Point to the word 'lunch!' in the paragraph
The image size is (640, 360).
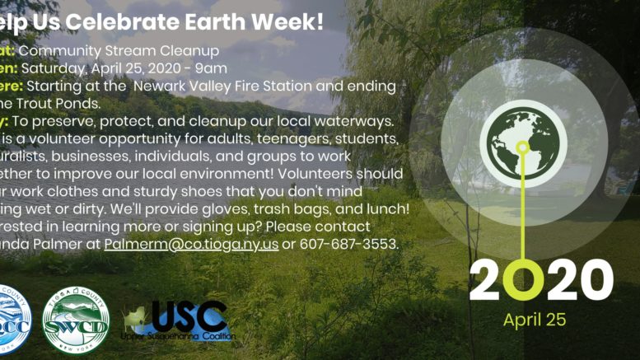[388, 208]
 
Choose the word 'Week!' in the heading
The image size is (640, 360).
[292, 21]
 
